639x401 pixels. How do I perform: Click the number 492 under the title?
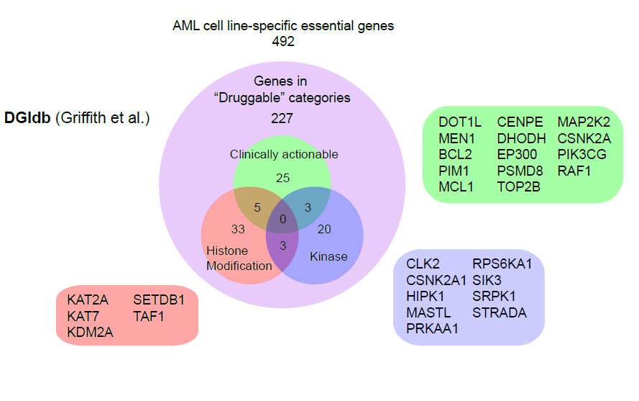pos(283,41)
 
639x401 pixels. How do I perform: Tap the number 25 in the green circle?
pos(283,176)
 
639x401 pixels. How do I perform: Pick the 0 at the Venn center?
pos(283,219)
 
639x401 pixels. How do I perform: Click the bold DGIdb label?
pos(27,117)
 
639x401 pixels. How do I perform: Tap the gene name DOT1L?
pos(460,122)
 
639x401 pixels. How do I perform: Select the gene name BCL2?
pos(455,155)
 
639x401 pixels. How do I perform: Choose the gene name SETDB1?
pos(159,299)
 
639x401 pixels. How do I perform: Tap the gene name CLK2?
pos(423,263)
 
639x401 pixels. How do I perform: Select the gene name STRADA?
pos(500,312)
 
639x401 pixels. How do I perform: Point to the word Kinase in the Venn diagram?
pos(328,257)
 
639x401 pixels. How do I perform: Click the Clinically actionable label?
pos(283,154)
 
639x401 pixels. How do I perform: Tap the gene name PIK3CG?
pos(581,155)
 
